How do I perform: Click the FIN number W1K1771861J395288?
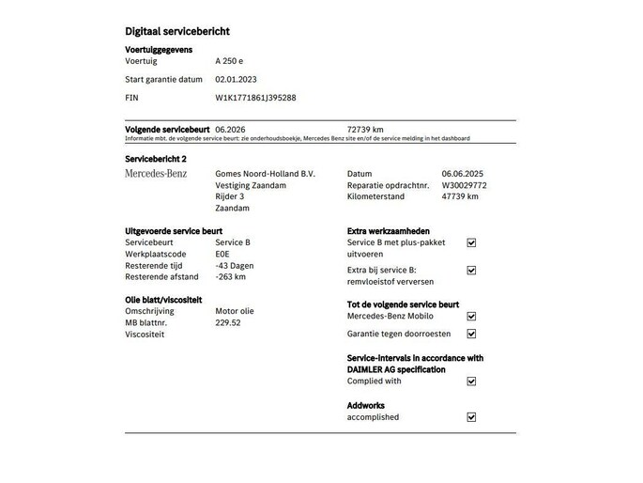tap(256, 97)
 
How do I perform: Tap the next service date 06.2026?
tap(231, 129)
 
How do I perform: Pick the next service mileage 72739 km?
tap(365, 129)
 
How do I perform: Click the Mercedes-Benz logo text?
tap(156, 174)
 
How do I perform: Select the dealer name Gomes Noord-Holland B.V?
tap(266, 174)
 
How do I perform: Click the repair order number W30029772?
tap(465, 185)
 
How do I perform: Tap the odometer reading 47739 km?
tap(460, 196)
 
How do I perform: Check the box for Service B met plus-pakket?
tap(471, 242)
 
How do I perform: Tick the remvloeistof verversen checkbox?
tap(471, 271)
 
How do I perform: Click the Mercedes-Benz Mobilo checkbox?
tap(471, 317)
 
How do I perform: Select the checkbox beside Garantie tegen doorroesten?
tap(471, 334)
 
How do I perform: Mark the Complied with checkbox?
tap(471, 382)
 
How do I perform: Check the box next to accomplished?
tap(471, 417)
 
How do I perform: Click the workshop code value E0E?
tap(222, 254)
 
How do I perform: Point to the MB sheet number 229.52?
tap(228, 322)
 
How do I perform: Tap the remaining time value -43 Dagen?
tap(235, 265)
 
